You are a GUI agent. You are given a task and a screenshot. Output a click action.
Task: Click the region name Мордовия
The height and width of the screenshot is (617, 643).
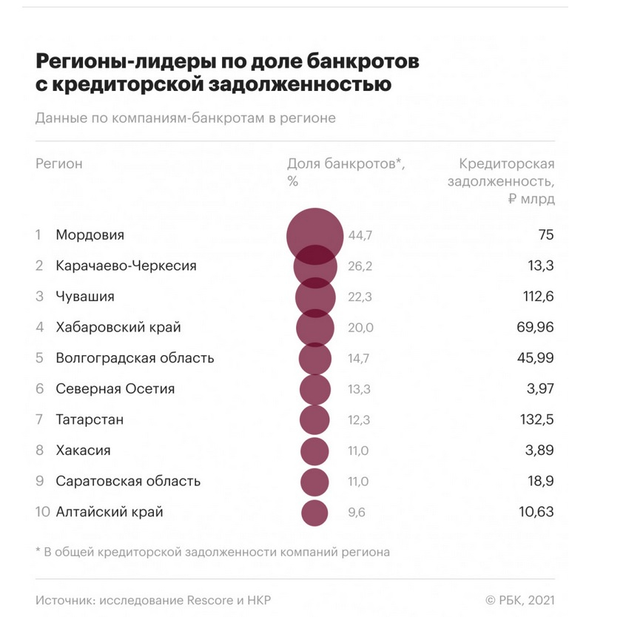coord(90,235)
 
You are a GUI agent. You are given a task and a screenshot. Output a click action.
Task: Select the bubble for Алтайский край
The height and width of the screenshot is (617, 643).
coord(314,513)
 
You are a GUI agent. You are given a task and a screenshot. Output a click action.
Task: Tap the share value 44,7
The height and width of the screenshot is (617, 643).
coord(360,235)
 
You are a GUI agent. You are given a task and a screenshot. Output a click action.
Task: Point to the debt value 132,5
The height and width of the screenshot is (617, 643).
coord(536,419)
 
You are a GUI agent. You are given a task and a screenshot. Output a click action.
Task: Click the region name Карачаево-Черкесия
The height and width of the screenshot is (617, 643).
coord(127,266)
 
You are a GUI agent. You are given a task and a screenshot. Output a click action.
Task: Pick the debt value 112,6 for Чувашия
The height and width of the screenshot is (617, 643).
coord(538,296)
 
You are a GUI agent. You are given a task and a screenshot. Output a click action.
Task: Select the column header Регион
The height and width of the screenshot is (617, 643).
coord(59,164)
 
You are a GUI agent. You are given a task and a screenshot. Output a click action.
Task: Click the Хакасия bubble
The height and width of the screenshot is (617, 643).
coord(314,451)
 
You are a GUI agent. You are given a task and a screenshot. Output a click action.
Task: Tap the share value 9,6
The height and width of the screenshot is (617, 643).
coord(357,512)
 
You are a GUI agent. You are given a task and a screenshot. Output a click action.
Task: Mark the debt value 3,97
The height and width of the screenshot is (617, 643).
coord(540,388)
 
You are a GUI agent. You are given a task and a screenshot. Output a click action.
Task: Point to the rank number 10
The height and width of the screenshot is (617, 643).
coord(43,512)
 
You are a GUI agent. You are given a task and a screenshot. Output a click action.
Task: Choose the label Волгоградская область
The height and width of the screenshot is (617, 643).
coord(135,358)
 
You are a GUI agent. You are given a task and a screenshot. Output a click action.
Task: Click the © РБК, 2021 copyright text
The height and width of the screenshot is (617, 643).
coord(520,600)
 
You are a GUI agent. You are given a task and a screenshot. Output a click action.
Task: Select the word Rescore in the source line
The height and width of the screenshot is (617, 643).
coord(210,600)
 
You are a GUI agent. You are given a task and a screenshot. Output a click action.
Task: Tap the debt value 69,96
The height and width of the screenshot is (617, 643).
coord(535,327)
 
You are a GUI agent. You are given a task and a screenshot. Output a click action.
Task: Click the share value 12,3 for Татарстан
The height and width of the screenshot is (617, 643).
coord(359,419)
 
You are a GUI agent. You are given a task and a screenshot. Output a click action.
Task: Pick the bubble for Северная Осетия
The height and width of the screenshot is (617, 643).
coord(315,389)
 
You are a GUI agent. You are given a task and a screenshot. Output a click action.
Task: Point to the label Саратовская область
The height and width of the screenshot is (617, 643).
coord(128,481)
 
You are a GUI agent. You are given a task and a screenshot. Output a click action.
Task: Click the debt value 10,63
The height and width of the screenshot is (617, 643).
coord(536,512)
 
